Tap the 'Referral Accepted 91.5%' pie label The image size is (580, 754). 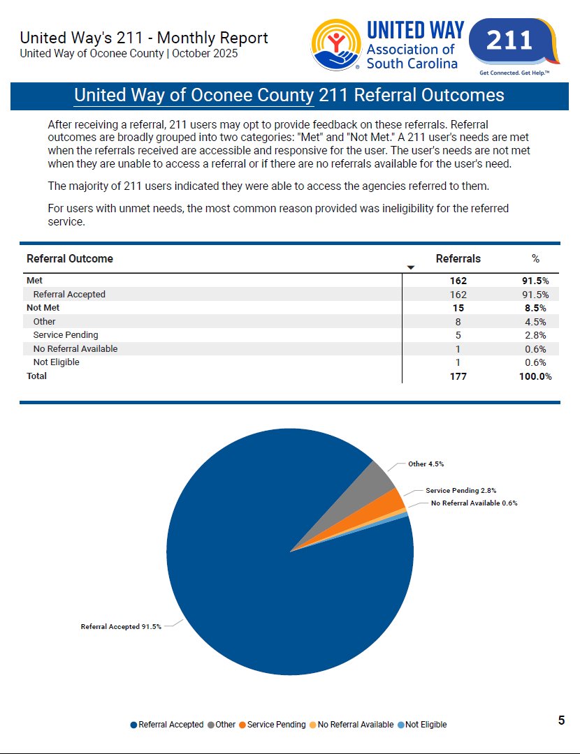point(121,627)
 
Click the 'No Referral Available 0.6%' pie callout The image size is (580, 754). point(474,503)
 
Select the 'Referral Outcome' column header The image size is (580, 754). point(69,259)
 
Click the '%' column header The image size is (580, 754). point(535,259)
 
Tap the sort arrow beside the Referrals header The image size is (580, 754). point(411,267)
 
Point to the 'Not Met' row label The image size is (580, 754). point(43,308)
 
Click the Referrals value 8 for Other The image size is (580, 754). point(458,322)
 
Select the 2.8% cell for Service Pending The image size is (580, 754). point(535,335)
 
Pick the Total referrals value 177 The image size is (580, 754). point(458,376)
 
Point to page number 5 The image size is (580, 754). point(561,720)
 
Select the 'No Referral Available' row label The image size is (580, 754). point(75,349)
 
